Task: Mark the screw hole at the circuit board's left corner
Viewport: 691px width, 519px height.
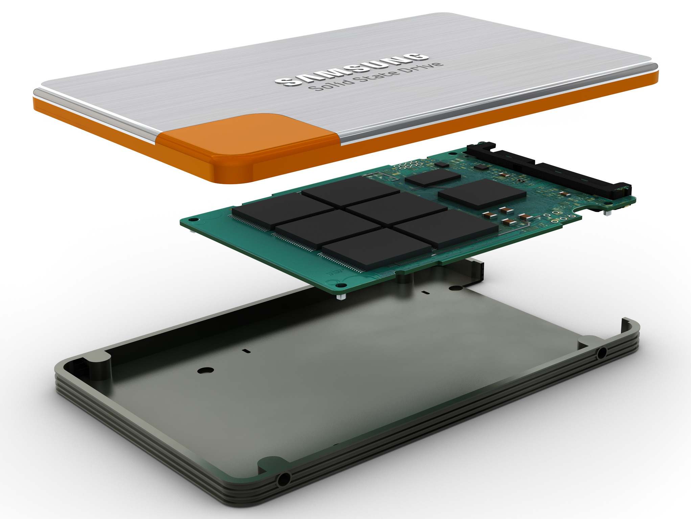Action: point(193,220)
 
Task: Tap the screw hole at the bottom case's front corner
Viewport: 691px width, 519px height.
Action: point(282,479)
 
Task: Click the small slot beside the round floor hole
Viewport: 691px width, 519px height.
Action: point(247,351)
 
